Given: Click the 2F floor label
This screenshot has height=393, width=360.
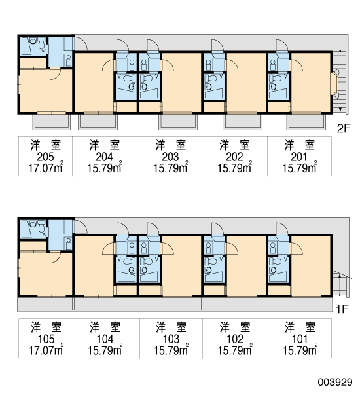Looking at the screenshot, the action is tap(344, 128).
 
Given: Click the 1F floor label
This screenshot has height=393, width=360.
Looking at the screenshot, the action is tap(342, 310).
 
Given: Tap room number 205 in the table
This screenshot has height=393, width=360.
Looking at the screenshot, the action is tap(45, 157).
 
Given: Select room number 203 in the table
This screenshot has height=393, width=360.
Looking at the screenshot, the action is tap(170, 157).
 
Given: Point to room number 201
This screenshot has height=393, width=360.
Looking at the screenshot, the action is tap(299, 157).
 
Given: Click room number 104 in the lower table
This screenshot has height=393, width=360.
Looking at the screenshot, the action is tap(105, 339).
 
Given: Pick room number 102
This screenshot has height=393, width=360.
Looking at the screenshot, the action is tap(235, 339).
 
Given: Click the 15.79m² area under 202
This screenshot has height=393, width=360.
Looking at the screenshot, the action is tap(235, 167).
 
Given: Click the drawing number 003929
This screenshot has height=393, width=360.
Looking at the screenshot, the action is tap(335, 383).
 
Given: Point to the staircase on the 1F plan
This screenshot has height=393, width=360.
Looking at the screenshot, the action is tap(340, 284).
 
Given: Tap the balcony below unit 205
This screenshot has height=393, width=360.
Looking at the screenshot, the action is tap(51, 122).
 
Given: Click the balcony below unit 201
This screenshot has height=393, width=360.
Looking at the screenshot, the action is tap(306, 122).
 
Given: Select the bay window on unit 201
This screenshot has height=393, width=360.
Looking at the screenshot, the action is tap(335, 83).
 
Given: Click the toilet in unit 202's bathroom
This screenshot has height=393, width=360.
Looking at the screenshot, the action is tap(211, 78).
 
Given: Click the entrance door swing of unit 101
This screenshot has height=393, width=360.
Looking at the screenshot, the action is tap(283, 229).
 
